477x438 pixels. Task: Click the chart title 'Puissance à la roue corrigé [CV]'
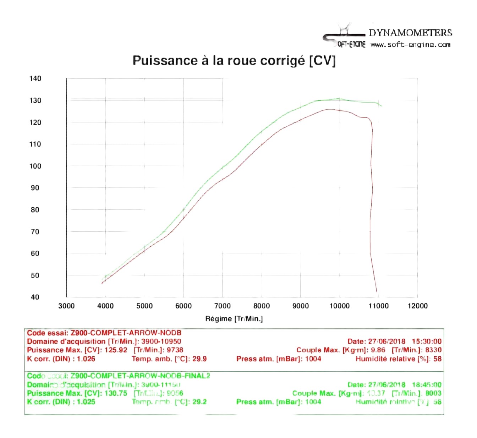(x=234, y=61)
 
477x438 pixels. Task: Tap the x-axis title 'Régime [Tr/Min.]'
(x=234, y=319)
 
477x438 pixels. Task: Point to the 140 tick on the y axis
(x=35, y=78)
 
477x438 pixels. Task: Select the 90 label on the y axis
(x=35, y=188)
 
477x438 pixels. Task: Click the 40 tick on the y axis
(x=35, y=297)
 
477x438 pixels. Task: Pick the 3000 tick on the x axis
(x=66, y=306)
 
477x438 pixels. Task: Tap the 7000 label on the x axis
(x=223, y=306)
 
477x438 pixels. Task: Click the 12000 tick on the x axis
(x=417, y=306)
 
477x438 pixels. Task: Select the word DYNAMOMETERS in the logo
(x=410, y=33)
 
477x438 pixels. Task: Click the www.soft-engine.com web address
(x=410, y=45)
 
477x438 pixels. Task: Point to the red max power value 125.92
(x=116, y=350)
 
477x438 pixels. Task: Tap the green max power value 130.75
(x=116, y=393)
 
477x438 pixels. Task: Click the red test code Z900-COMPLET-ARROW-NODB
(x=126, y=333)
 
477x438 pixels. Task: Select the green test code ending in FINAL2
(x=140, y=376)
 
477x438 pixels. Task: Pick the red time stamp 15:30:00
(x=427, y=341)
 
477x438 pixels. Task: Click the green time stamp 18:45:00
(x=427, y=385)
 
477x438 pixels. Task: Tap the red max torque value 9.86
(x=378, y=350)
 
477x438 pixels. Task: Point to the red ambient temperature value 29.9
(x=199, y=359)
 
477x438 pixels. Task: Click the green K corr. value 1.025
(x=86, y=402)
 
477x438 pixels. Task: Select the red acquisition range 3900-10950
(x=161, y=341)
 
